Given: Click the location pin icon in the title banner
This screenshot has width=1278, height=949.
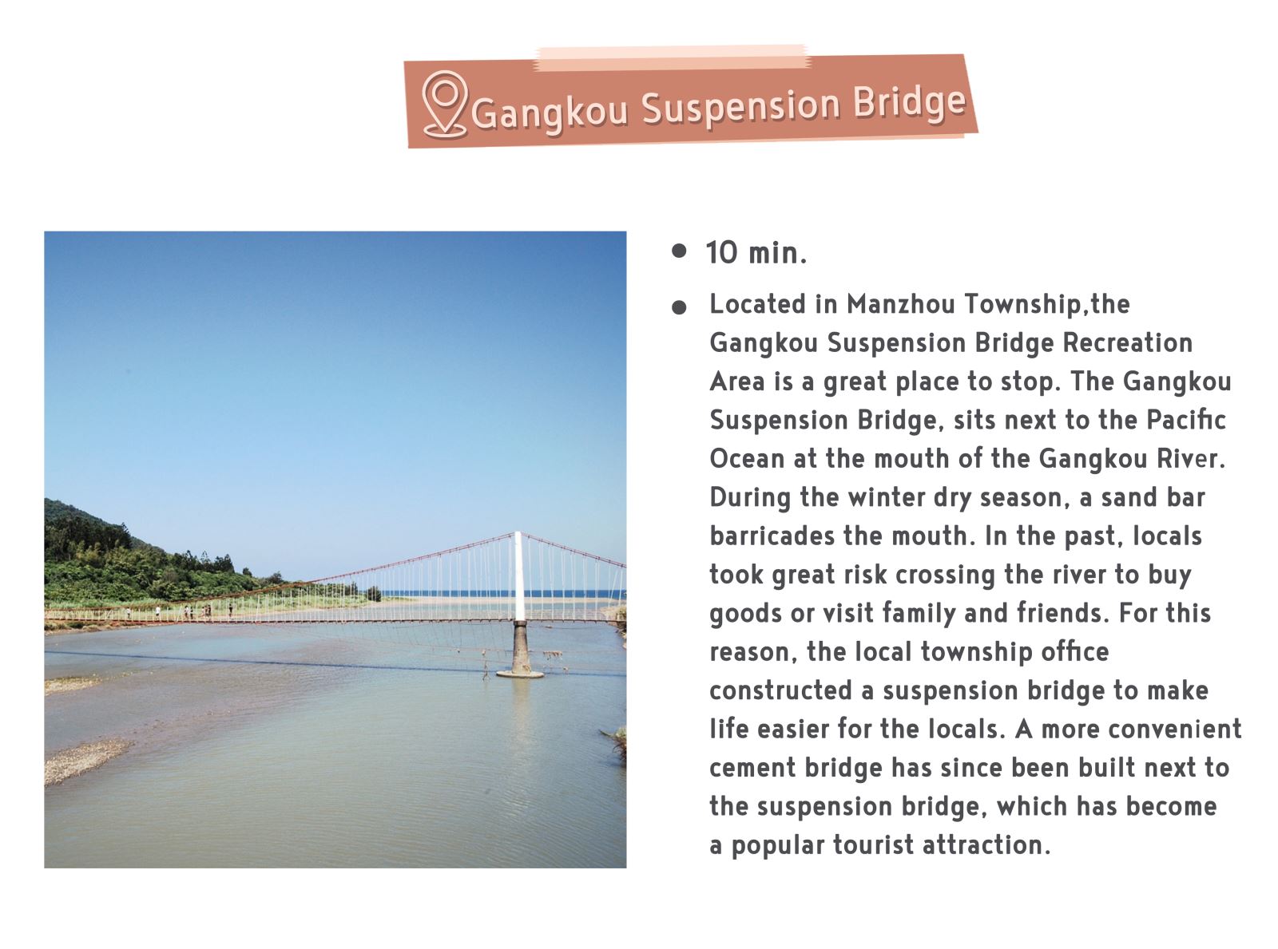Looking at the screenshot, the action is click(444, 105).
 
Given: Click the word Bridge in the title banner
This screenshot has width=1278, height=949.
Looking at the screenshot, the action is click(909, 101).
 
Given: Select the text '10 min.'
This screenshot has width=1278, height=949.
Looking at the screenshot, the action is click(756, 253).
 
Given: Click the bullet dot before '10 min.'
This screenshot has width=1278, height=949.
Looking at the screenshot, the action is click(679, 251).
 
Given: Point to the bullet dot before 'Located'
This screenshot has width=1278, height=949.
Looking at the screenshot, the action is click(679, 307).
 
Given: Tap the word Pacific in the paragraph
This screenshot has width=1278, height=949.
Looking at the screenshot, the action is click(1186, 420).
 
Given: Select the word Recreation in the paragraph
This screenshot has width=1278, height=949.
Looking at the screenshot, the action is click(1127, 342).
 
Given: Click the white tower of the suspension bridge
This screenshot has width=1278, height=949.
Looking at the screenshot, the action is click(519, 576).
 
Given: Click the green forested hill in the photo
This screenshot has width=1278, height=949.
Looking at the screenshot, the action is click(133, 560).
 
